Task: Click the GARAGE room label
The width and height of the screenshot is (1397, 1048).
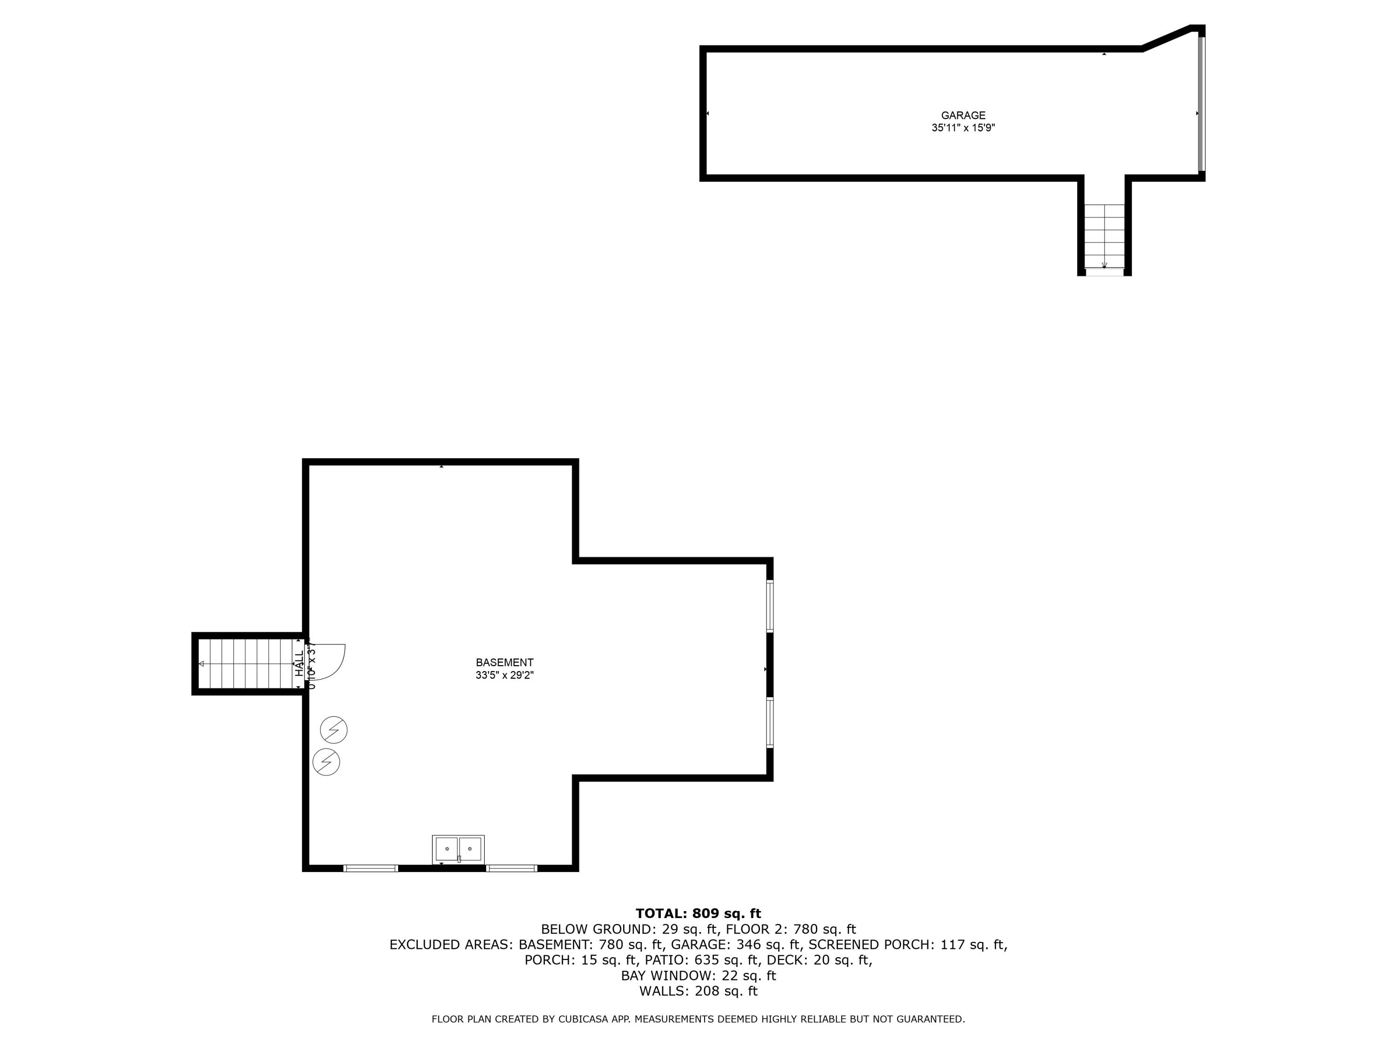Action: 963,116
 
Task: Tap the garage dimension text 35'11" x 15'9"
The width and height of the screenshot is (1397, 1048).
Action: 963,128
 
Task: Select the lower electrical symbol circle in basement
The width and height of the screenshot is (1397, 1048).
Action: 326,762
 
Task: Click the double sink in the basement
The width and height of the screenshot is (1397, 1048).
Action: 458,849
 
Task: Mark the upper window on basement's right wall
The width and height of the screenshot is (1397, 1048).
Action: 770,605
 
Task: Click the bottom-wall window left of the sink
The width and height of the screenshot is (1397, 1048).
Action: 371,868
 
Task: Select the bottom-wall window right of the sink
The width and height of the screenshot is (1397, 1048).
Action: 512,868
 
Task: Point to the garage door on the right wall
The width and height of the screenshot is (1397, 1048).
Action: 1201,104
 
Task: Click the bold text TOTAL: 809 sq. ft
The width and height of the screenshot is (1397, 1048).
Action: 698,913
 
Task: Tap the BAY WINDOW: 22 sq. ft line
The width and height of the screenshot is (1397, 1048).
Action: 698,975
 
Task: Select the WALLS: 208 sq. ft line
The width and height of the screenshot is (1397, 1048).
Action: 698,991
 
